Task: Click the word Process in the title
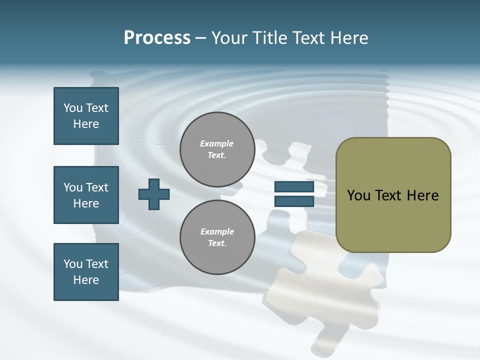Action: pos(157,38)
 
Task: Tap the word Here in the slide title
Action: pos(348,38)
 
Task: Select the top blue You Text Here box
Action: pos(86,116)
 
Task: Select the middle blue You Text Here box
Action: pos(86,195)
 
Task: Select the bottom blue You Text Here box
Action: pos(86,272)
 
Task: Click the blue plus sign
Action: pos(154,194)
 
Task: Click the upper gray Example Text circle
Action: pos(217,149)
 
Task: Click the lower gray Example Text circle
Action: pos(217,237)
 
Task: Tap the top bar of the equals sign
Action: pos(294,187)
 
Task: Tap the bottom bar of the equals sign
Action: pos(294,201)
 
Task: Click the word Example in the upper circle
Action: pos(217,143)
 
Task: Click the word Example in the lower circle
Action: pos(217,231)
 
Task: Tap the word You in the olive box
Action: pos(358,195)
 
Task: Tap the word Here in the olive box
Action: pos(423,195)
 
